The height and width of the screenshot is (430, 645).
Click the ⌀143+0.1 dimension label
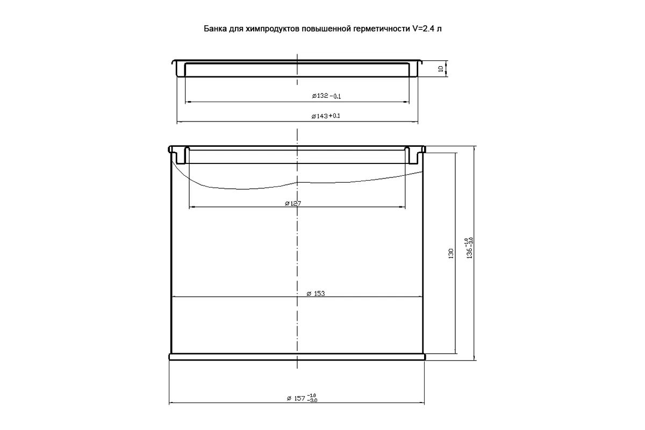pos(326,116)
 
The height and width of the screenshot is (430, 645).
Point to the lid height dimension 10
pos(440,69)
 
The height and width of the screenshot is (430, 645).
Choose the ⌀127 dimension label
pos(293,204)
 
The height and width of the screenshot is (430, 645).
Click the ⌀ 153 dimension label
pos(316,293)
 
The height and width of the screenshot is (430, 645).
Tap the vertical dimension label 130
pos(451,254)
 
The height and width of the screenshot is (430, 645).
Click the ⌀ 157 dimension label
pos(296,398)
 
